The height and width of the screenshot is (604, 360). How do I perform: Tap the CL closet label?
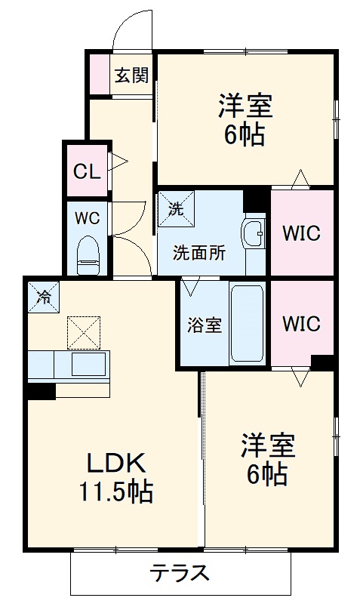coord(85,171)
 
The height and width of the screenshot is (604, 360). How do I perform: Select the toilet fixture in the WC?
coord(89,254)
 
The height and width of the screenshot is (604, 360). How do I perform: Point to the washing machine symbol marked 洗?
coord(176,209)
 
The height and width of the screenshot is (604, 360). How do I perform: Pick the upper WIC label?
coord(302,233)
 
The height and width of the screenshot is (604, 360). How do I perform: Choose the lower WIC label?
coord(302,324)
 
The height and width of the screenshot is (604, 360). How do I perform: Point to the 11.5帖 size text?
coord(116,493)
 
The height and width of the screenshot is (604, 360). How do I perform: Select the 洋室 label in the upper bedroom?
coord(245,104)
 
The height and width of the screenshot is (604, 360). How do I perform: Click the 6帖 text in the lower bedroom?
coord(266,475)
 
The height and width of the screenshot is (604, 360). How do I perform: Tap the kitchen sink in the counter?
coord(88,364)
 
